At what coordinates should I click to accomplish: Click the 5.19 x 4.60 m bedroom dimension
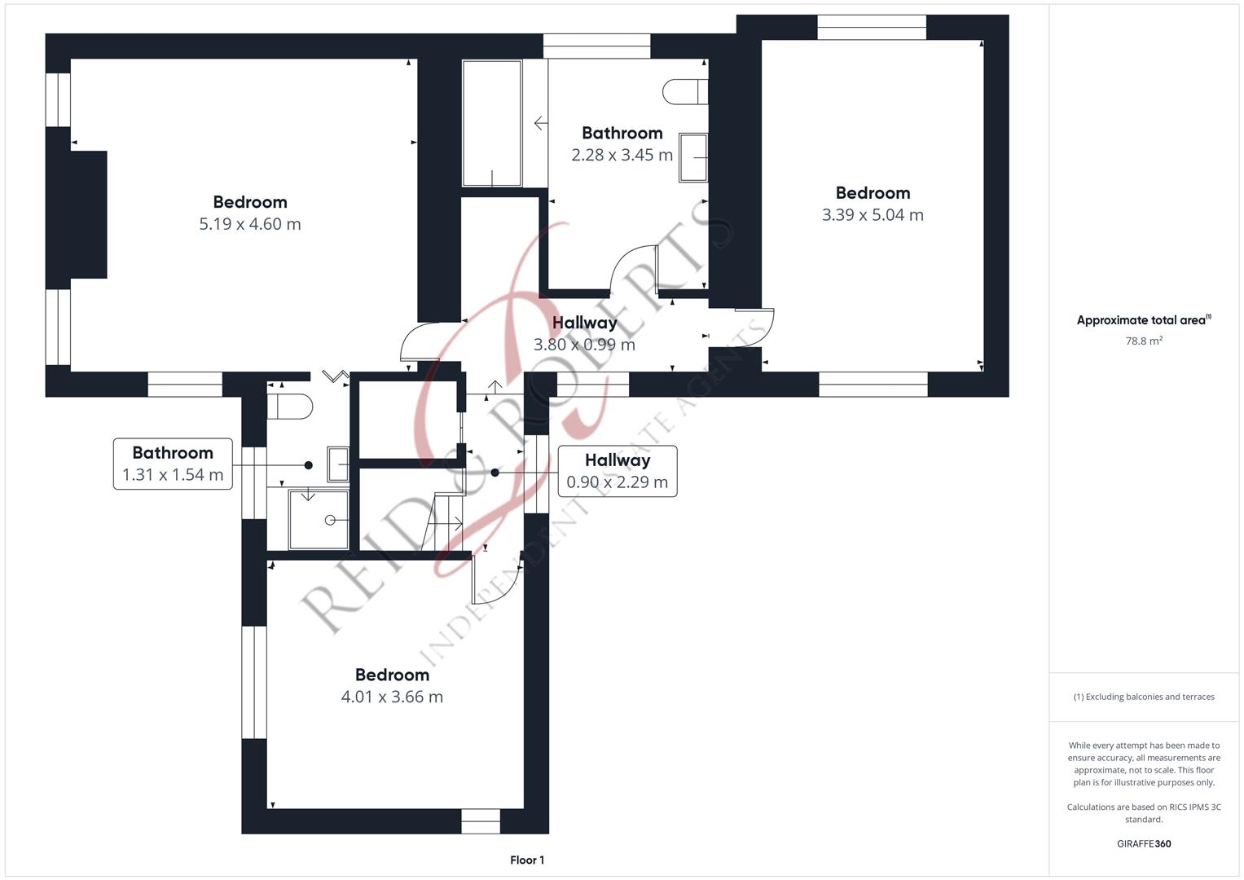click(x=250, y=224)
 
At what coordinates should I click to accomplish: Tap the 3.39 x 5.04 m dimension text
click(x=873, y=214)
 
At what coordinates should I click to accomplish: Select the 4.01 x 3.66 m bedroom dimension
click(x=392, y=696)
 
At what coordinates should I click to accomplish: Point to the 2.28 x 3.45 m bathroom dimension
click(x=622, y=155)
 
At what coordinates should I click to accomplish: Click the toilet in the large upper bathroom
click(x=685, y=91)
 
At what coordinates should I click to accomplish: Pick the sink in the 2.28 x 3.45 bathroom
click(x=693, y=158)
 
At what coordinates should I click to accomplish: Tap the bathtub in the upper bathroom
click(x=492, y=123)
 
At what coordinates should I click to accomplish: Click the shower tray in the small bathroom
click(x=319, y=520)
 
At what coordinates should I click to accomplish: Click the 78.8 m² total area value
click(x=1144, y=341)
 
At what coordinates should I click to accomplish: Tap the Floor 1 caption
click(x=527, y=860)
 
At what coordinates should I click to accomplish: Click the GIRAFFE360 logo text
click(x=1144, y=843)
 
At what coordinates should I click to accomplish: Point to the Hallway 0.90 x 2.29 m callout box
click(x=617, y=471)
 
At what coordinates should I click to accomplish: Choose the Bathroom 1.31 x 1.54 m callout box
click(x=173, y=464)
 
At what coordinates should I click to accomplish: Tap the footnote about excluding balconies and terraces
click(x=1144, y=697)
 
